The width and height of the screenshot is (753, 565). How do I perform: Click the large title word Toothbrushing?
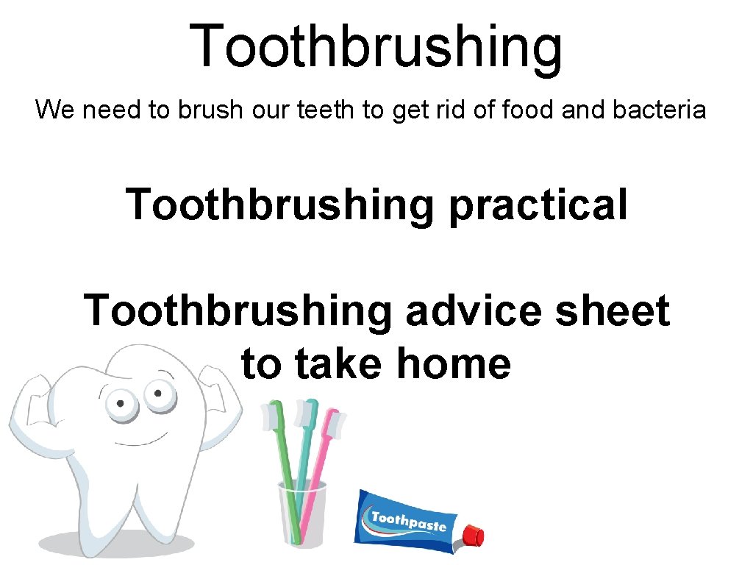point(376,46)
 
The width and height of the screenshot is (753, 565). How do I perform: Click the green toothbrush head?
point(274,417)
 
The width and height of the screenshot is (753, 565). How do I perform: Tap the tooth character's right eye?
point(156,394)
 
